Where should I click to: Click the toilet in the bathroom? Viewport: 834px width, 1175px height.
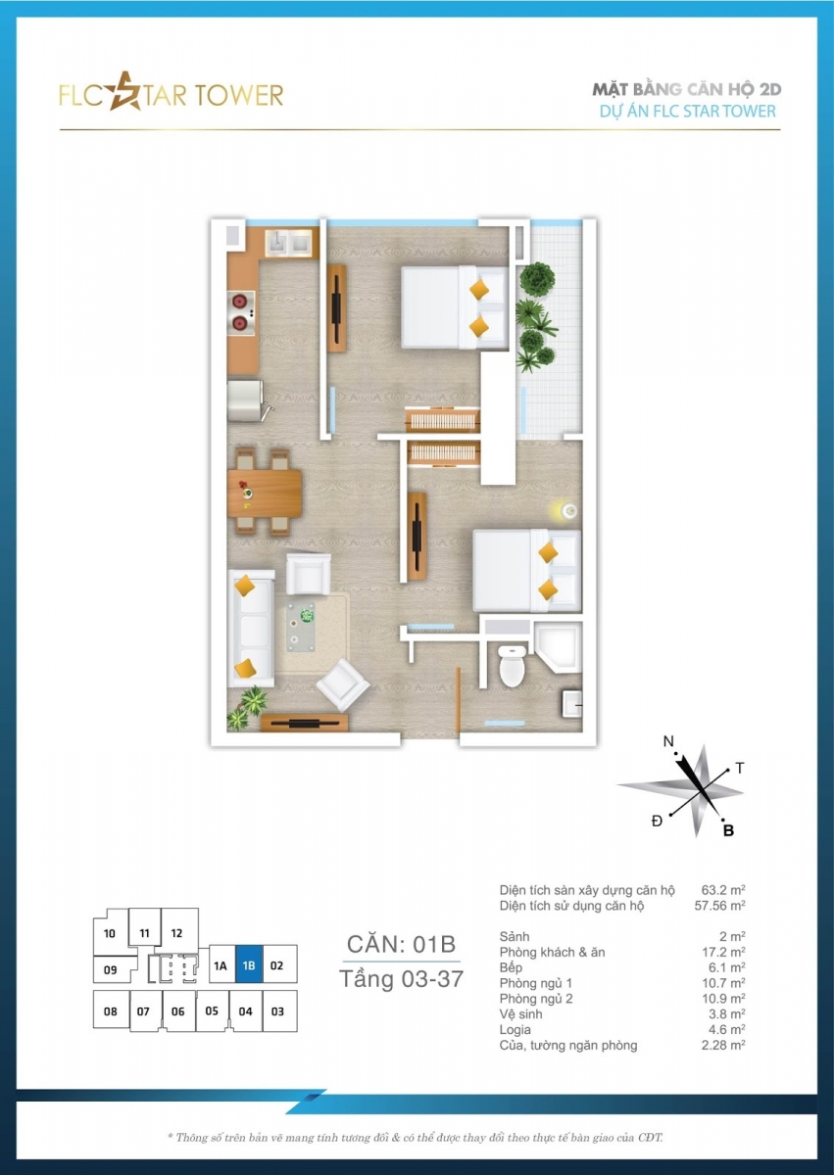513,665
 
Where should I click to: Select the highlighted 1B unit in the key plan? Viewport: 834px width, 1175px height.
249,965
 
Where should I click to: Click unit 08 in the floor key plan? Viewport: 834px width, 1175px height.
111,1010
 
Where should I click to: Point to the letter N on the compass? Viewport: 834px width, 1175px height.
668,742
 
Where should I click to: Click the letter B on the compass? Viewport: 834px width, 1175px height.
728,831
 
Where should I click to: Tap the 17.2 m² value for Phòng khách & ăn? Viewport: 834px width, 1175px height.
722,952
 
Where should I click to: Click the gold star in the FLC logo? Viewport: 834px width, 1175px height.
124,92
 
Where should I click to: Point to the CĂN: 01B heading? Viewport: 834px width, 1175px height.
401,944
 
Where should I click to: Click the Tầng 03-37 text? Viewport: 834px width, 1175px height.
401,979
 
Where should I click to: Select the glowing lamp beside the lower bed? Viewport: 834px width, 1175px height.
568,510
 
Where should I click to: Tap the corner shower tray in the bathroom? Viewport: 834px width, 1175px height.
558,647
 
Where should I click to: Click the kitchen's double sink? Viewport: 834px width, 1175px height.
289,243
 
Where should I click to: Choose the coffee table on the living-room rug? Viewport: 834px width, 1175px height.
301,627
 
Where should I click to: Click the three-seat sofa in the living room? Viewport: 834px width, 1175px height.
251,629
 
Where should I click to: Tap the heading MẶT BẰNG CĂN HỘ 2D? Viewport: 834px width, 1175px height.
687,90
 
